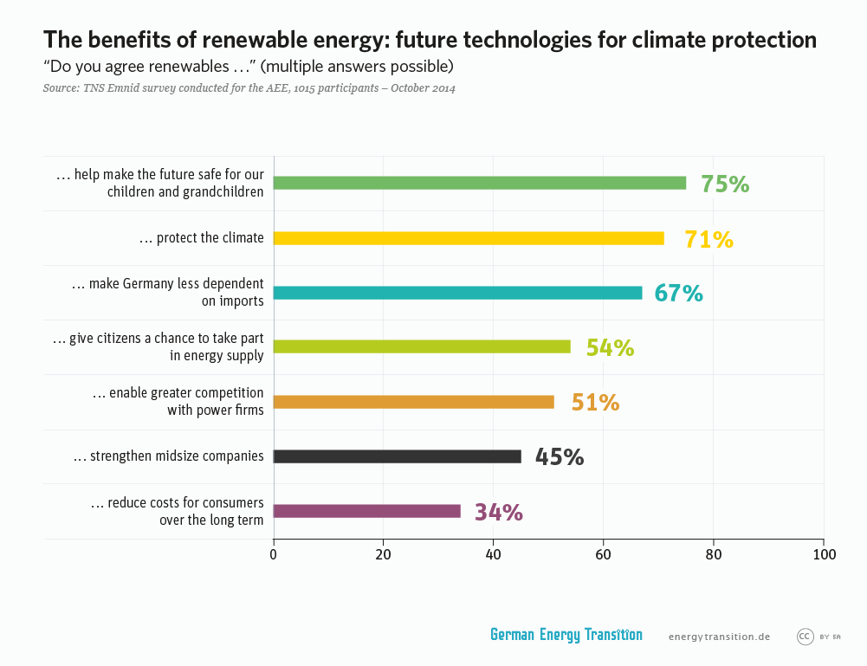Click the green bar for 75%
pyautogui.click(x=479, y=183)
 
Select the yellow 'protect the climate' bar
pyautogui.click(x=469, y=238)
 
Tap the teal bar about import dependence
pyautogui.click(x=457, y=293)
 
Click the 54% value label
pyautogui.click(x=610, y=348)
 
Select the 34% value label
pyautogui.click(x=498, y=513)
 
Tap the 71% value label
pyautogui.click(x=708, y=240)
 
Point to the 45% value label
pyautogui.click(x=559, y=457)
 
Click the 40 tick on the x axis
pyautogui.click(x=493, y=555)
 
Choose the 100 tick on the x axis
pyautogui.click(x=824, y=555)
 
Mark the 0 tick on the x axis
pyautogui.click(x=274, y=555)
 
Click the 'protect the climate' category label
pyautogui.click(x=201, y=238)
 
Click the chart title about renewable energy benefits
pyautogui.click(x=430, y=40)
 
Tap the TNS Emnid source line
pyautogui.click(x=249, y=88)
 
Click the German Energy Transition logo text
pyautogui.click(x=566, y=635)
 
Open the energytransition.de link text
pyautogui.click(x=719, y=637)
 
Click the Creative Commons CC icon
pyautogui.click(x=805, y=637)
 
